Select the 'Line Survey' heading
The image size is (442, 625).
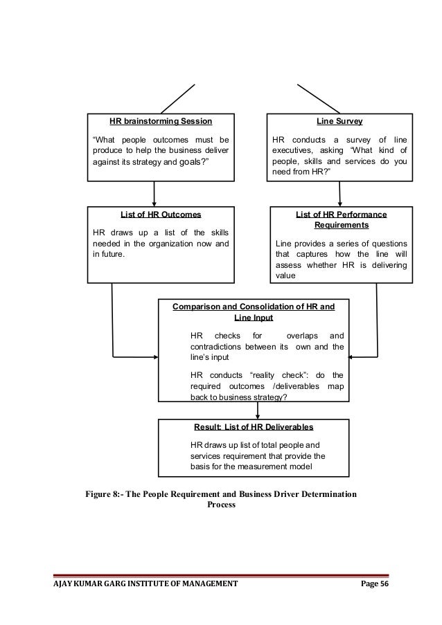point(339,120)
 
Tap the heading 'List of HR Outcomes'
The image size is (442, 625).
point(161,215)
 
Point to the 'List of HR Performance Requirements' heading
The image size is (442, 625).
point(341,220)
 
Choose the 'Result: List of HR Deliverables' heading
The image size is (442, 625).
point(254,426)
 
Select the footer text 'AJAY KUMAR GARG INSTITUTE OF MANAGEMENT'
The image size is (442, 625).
point(146,584)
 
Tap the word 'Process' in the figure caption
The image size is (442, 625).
point(221,505)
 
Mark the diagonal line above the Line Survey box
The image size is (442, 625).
point(319,98)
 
